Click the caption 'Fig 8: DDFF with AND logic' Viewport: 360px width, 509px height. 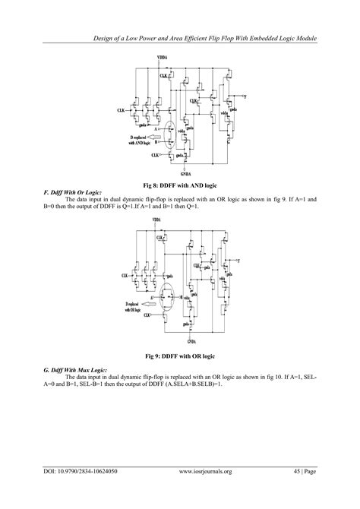[179, 185]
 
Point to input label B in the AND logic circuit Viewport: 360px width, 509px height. [156, 141]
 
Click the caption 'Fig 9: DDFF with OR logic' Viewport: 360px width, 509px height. [179, 356]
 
